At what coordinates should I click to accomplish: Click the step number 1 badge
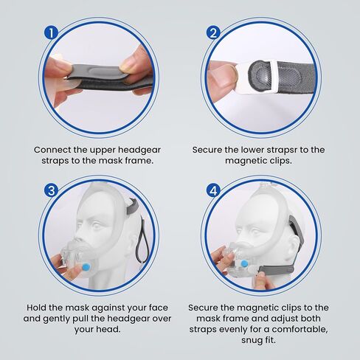point(51,33)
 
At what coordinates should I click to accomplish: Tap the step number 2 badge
point(213,32)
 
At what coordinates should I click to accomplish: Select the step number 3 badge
point(52,190)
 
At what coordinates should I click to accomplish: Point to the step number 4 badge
point(213,190)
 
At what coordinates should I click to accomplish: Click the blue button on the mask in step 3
point(86,266)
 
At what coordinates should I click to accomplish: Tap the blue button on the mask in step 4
point(244,264)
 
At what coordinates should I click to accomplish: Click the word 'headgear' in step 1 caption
point(139,150)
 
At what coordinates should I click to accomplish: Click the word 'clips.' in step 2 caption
point(279,161)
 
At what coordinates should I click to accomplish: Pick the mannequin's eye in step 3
point(97,225)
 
